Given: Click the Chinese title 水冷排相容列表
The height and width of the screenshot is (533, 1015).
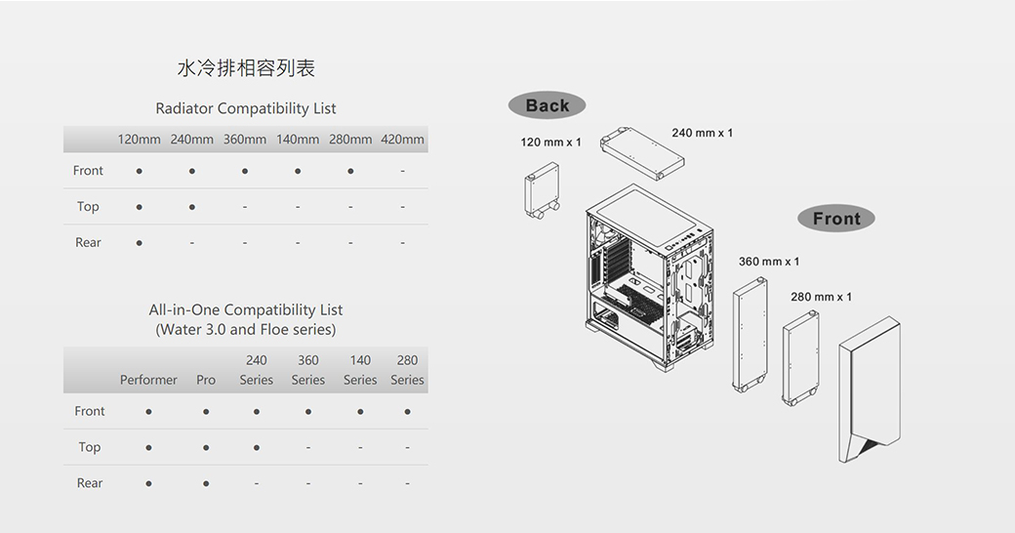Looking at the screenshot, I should tap(246, 68).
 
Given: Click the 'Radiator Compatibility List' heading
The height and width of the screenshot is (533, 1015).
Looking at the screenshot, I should tap(246, 108).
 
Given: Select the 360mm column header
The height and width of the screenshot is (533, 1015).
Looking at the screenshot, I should tap(245, 140).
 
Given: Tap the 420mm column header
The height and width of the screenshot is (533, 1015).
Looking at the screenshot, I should tap(402, 140).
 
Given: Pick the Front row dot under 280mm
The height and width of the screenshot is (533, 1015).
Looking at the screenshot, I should tap(350, 171).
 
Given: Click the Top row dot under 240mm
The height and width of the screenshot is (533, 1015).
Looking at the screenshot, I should tap(192, 207).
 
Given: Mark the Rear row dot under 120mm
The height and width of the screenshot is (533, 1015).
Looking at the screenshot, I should tap(140, 243).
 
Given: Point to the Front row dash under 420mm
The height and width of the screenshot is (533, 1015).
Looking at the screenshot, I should tap(402, 171).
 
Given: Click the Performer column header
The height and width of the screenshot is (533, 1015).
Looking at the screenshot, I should tap(148, 380).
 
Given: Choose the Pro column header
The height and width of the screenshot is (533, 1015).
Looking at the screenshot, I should tap(206, 380).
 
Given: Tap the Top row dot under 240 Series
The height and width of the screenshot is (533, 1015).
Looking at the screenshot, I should tap(257, 448).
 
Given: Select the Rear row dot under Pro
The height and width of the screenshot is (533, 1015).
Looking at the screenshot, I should tap(206, 484).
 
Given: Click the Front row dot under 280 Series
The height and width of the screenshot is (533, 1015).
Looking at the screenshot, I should tap(407, 412).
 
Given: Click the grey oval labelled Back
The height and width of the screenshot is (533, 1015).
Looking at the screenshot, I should tap(547, 105).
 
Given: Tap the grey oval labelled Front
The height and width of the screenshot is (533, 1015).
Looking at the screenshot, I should tap(835, 219).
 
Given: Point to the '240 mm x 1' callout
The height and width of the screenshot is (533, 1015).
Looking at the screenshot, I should tap(702, 133).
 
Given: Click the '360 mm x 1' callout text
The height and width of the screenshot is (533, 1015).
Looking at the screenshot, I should tap(769, 262).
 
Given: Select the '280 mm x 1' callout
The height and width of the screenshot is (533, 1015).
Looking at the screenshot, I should tap(821, 297).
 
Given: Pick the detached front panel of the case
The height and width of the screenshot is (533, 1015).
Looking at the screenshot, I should tap(868, 390).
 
